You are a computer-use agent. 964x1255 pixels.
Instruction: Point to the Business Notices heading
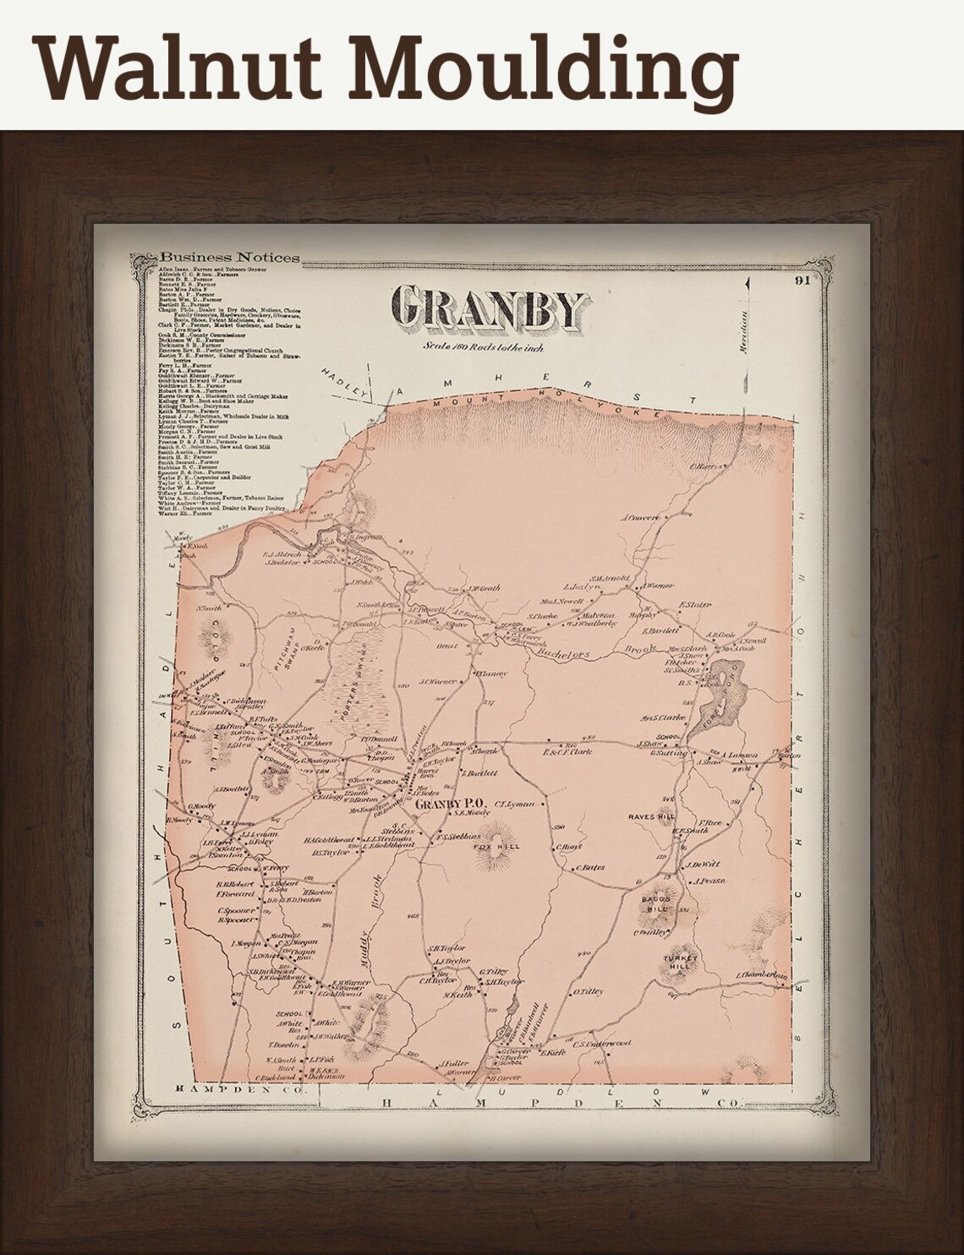(229, 258)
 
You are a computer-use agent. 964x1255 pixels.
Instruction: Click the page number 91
(802, 282)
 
